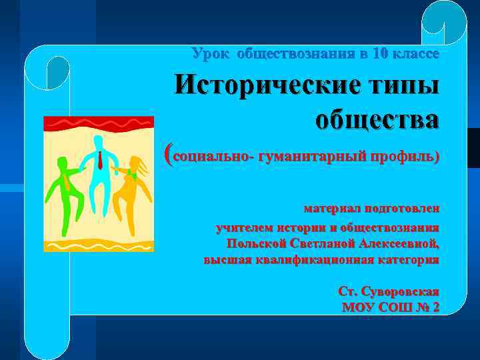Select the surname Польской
[257, 243]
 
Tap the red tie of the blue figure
[100, 159]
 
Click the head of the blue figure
[99, 141]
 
